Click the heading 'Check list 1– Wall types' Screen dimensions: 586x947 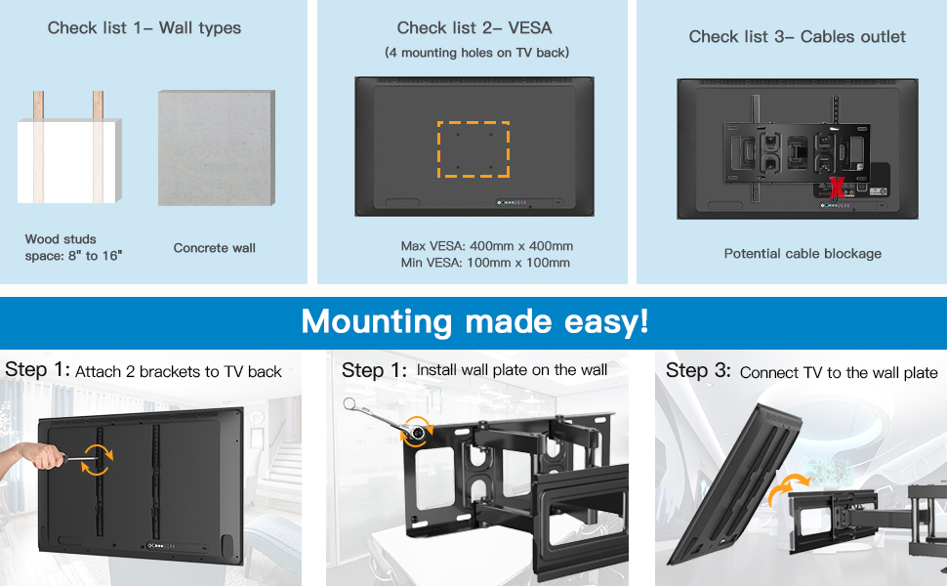[144, 28]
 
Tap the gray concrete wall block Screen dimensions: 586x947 [216, 148]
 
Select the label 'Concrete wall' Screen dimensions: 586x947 [215, 248]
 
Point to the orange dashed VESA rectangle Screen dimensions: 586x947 [473, 149]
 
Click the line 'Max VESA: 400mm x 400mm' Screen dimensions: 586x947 [486, 246]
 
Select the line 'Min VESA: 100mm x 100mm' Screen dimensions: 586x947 [485, 263]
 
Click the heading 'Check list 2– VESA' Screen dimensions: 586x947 [475, 28]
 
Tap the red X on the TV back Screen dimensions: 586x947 [837, 187]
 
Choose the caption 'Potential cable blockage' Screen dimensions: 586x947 [803, 254]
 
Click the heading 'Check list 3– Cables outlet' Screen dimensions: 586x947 [798, 37]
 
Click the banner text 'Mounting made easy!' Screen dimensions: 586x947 [474, 320]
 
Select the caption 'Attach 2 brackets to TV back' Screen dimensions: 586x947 [179, 372]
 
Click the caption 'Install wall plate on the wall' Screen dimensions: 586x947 [512, 370]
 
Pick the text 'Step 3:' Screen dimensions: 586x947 [698, 371]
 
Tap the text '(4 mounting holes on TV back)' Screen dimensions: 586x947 [476, 53]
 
